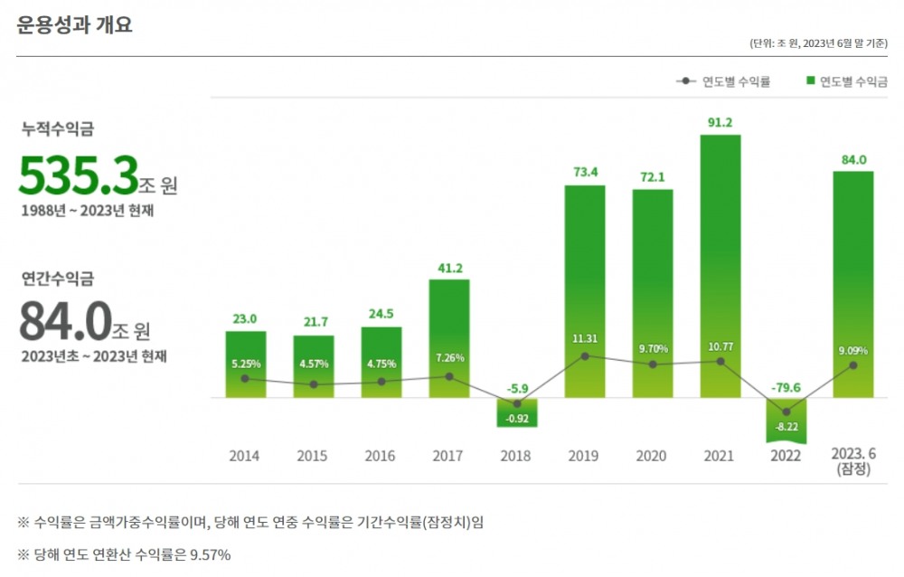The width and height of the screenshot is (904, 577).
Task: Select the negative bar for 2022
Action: (x=786, y=420)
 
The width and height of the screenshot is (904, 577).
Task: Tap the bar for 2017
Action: (x=449, y=338)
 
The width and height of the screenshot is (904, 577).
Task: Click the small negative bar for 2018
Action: (x=517, y=412)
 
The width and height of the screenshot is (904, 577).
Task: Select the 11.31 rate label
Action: (x=585, y=339)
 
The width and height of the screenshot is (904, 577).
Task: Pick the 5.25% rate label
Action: (x=245, y=363)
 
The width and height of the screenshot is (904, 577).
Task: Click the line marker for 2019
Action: (x=585, y=356)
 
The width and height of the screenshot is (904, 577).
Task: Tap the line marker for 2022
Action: (x=786, y=412)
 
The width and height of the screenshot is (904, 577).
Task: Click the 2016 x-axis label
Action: (x=380, y=456)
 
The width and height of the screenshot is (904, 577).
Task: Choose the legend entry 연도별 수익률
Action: (x=723, y=81)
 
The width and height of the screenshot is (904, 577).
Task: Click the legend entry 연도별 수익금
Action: (x=846, y=81)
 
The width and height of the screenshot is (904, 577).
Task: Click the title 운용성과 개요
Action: (x=74, y=25)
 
